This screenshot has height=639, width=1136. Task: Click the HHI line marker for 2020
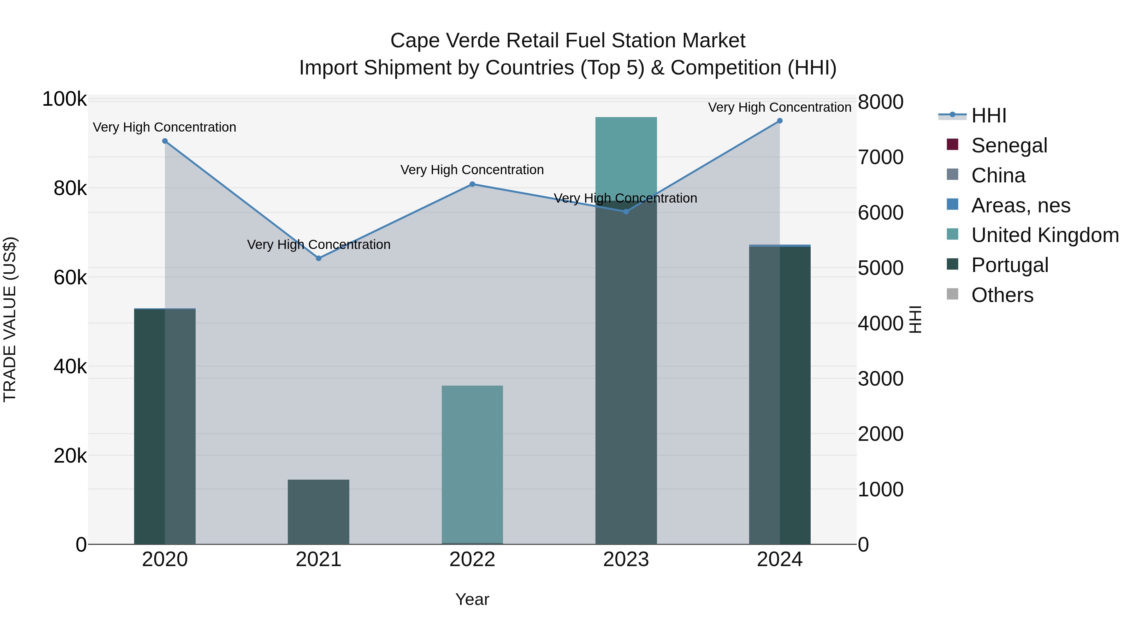click(x=165, y=141)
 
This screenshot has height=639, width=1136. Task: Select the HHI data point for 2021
click(x=318, y=258)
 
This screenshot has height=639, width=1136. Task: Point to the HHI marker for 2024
click(x=780, y=121)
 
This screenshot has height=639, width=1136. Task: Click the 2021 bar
click(x=318, y=512)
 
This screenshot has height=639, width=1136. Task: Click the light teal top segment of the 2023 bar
click(x=626, y=154)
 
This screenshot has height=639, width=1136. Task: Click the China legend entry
click(x=998, y=175)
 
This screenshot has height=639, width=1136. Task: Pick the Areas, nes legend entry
click(x=1021, y=205)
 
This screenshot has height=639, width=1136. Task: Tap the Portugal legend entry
click(x=1009, y=265)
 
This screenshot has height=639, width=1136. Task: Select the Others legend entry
click(x=1002, y=295)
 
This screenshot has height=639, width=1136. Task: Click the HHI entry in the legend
click(x=988, y=115)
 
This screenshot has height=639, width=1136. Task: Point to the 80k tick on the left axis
click(x=70, y=189)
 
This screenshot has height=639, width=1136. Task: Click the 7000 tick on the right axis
click(x=880, y=157)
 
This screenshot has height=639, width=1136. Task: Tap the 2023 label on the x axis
click(x=626, y=559)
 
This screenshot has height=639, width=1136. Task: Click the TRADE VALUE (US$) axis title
click(x=10, y=319)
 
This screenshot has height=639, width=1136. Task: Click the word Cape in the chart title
click(x=415, y=41)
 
